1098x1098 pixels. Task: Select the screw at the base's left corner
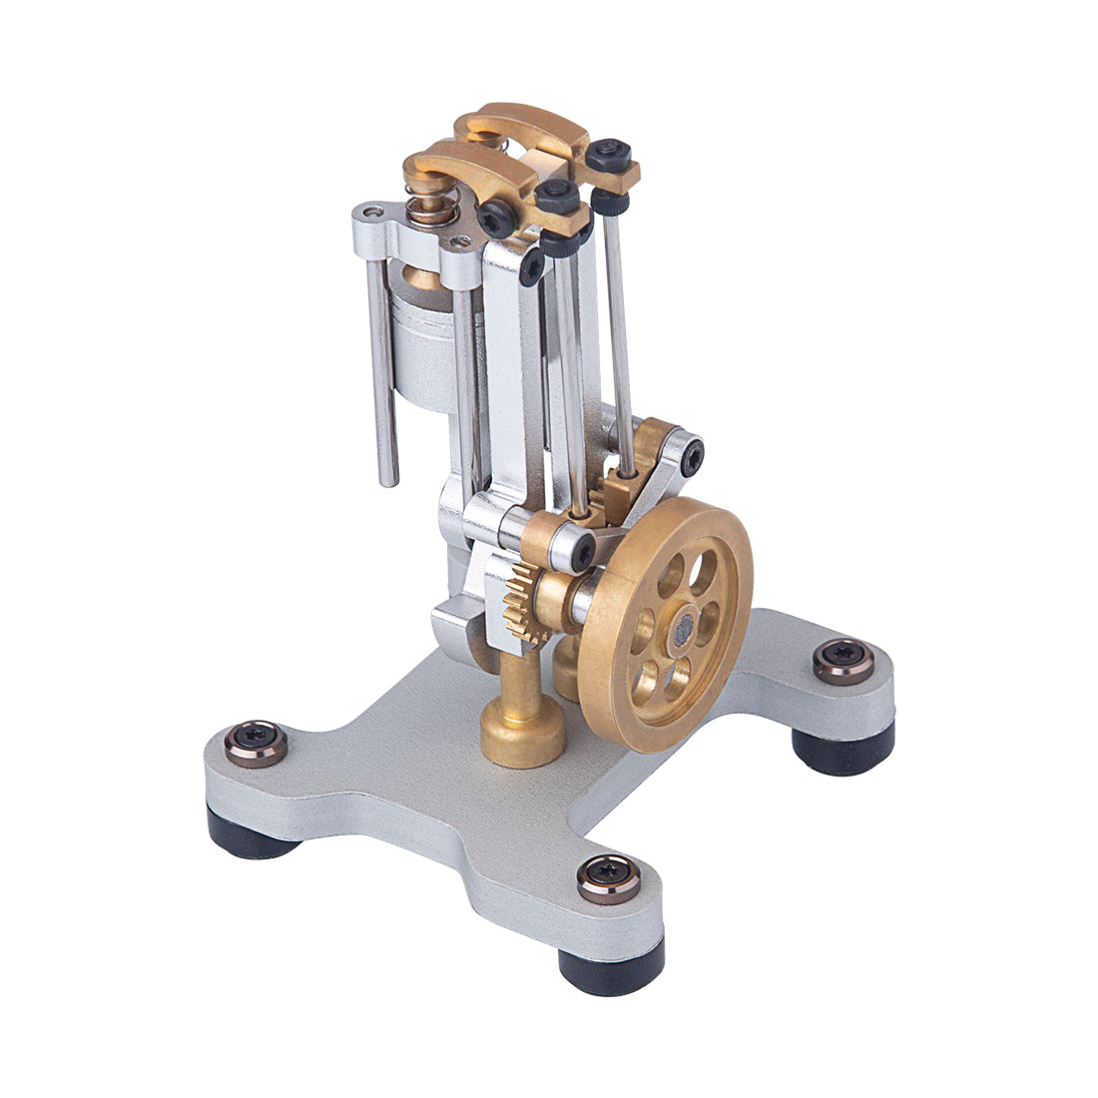point(256,743)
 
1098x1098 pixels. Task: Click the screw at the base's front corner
point(609,878)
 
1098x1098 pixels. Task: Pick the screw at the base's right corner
point(843,660)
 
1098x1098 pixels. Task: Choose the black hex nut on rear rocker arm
point(608,155)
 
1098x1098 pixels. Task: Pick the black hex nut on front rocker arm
point(557,196)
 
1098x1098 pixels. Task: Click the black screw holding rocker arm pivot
point(496,217)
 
